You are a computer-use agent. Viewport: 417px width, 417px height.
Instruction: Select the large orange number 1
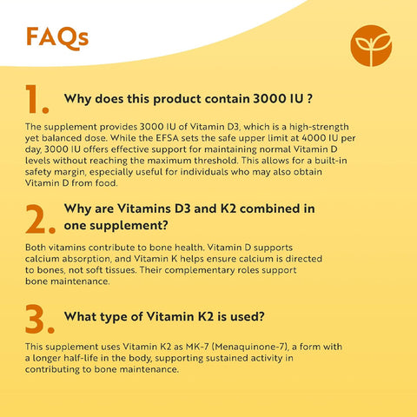pyautogui.click(x=36, y=101)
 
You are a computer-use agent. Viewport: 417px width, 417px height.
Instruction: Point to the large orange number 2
pyautogui.click(x=40, y=221)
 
